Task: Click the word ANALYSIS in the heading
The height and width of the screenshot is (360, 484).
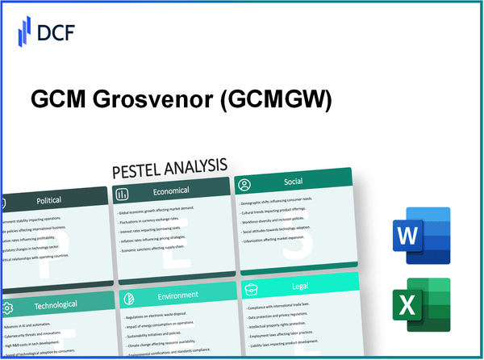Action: coord(196,169)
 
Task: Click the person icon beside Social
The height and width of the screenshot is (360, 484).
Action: coord(244,185)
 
